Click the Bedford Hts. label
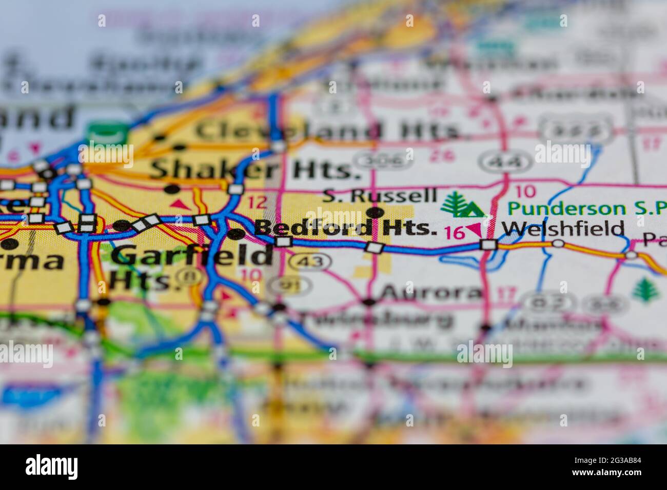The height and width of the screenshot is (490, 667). [x=345, y=228]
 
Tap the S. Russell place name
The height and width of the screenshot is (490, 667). [x=380, y=195]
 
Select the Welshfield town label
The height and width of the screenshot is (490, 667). [x=563, y=228]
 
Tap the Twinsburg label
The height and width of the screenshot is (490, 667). [x=377, y=318]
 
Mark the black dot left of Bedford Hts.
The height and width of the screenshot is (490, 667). [x=236, y=234]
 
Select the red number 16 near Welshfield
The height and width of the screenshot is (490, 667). [x=455, y=232]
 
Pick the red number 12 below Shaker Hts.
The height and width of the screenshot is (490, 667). [x=258, y=201]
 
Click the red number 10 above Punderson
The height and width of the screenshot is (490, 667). [x=525, y=192]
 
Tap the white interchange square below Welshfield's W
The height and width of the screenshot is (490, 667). [x=489, y=244]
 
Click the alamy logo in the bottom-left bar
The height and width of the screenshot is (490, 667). [x=52, y=467]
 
